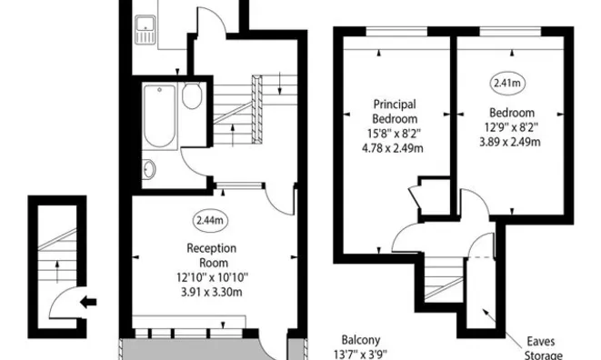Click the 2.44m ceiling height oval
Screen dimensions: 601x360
[210, 220]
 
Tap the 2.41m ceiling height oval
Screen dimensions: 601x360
[507, 83]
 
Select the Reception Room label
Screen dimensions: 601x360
[212, 255]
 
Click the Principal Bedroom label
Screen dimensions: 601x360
[395, 111]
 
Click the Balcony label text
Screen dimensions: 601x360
[361, 340]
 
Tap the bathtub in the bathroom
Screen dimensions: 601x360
[159, 116]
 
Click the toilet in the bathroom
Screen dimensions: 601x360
[192, 95]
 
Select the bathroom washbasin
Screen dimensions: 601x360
[148, 169]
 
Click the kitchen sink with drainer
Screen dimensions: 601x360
[145, 29]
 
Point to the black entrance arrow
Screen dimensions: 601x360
[88, 303]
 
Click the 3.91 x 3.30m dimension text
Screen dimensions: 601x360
[212, 292]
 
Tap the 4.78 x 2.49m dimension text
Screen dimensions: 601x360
[393, 148]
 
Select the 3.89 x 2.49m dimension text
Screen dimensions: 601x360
[510, 142]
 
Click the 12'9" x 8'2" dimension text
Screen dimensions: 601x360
[510, 127]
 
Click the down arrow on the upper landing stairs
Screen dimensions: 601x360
[280, 84]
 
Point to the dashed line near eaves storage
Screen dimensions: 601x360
[479, 257]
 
